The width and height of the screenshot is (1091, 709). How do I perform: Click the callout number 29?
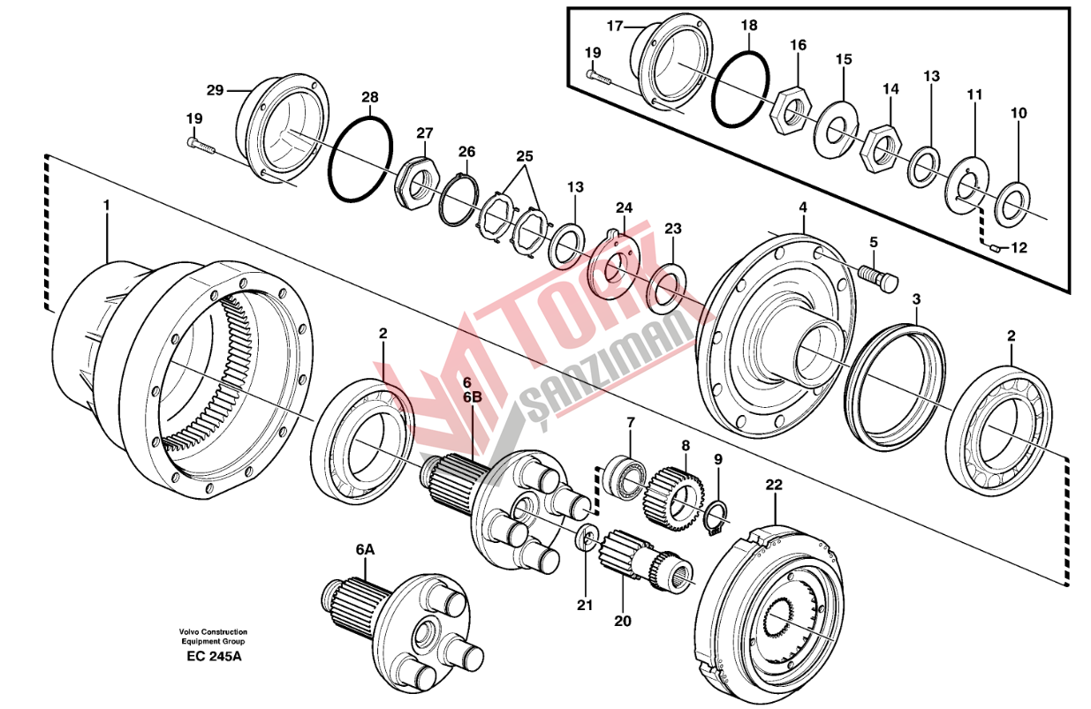215,90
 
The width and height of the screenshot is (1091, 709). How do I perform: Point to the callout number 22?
774,486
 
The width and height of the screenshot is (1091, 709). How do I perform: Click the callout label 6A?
365,549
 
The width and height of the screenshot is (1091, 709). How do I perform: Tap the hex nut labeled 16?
791,112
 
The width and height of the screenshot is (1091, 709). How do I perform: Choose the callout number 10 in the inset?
1019,113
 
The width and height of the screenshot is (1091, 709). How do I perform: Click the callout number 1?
107,205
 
